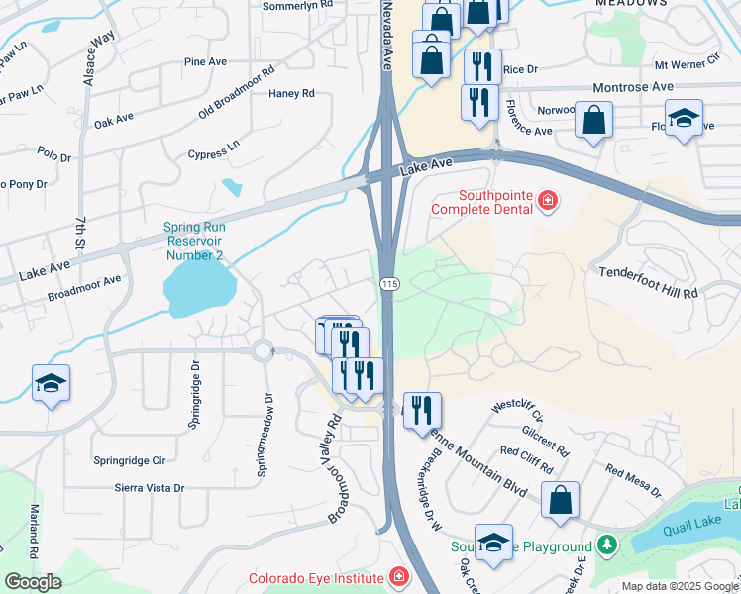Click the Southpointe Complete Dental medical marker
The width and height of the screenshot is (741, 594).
[x=546, y=203]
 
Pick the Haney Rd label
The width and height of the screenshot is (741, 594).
[x=291, y=94]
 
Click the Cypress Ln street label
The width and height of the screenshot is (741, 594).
[x=214, y=149]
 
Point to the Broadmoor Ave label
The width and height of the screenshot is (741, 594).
[x=84, y=286]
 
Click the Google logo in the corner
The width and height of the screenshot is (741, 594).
[x=32, y=582]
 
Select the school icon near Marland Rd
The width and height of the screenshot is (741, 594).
[x=51, y=383]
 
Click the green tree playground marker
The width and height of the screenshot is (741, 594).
[x=606, y=545]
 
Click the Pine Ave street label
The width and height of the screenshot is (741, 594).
[x=206, y=61]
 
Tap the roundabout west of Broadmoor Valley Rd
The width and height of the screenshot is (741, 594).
[x=263, y=349]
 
